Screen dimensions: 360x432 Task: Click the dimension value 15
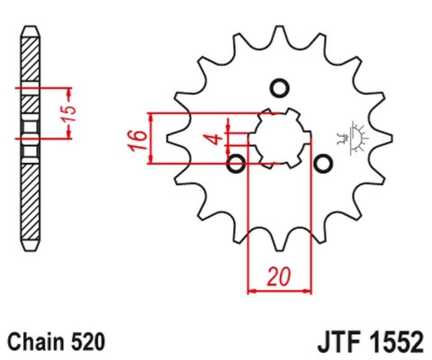tap(81, 113)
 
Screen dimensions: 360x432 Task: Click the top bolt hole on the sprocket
tap(278, 88)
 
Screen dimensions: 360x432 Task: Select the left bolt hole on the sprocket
tap(237, 163)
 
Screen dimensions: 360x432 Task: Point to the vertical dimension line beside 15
tap(68, 113)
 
